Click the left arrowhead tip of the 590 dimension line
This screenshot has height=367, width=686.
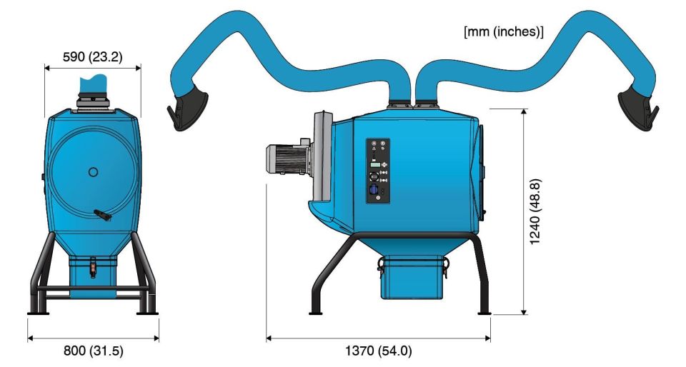point(44,68)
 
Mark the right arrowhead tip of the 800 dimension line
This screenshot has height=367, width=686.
point(159,338)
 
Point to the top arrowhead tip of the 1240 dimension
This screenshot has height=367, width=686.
point(524,109)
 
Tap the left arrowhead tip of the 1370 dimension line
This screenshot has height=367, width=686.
point(267,338)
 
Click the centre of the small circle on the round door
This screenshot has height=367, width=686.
point(93,172)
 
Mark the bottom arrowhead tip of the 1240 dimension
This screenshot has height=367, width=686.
point(524,314)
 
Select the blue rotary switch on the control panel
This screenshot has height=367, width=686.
point(374,191)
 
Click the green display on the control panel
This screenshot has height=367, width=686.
point(374,165)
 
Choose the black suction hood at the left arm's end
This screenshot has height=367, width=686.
point(187,111)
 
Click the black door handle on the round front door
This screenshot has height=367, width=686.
point(102,215)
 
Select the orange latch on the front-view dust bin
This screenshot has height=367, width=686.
point(93,267)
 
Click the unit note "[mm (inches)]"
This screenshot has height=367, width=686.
point(504,32)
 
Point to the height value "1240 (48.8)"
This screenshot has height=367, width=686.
point(535,211)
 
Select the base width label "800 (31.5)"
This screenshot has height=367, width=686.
point(93,351)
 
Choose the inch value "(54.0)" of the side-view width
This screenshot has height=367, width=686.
point(395,351)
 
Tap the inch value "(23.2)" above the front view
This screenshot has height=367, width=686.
point(106,57)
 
